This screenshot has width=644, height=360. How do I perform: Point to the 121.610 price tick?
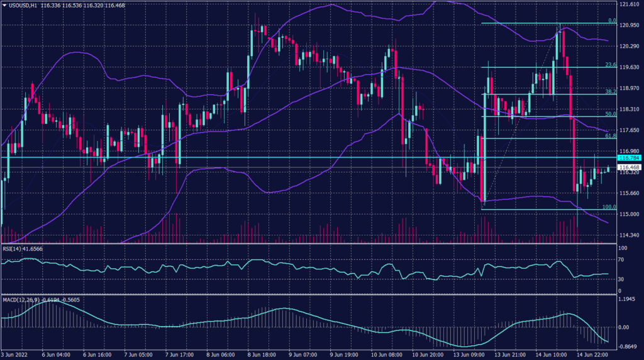click(630, 4)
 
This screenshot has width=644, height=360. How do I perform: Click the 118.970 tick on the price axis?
click(630, 88)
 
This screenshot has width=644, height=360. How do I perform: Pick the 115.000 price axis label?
click(630, 214)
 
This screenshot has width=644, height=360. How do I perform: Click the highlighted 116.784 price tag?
click(630, 157)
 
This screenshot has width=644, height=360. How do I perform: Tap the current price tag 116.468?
click(630, 167)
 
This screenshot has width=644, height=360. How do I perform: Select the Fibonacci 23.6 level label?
click(609, 64)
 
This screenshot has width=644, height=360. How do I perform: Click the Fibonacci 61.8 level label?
click(609, 135)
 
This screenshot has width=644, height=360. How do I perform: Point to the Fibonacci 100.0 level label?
click(609, 206)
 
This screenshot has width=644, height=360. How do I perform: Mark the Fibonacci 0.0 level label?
click(611, 21)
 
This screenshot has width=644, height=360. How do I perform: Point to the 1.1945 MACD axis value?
click(630, 300)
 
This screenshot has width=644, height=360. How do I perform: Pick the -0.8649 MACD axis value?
click(630, 347)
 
